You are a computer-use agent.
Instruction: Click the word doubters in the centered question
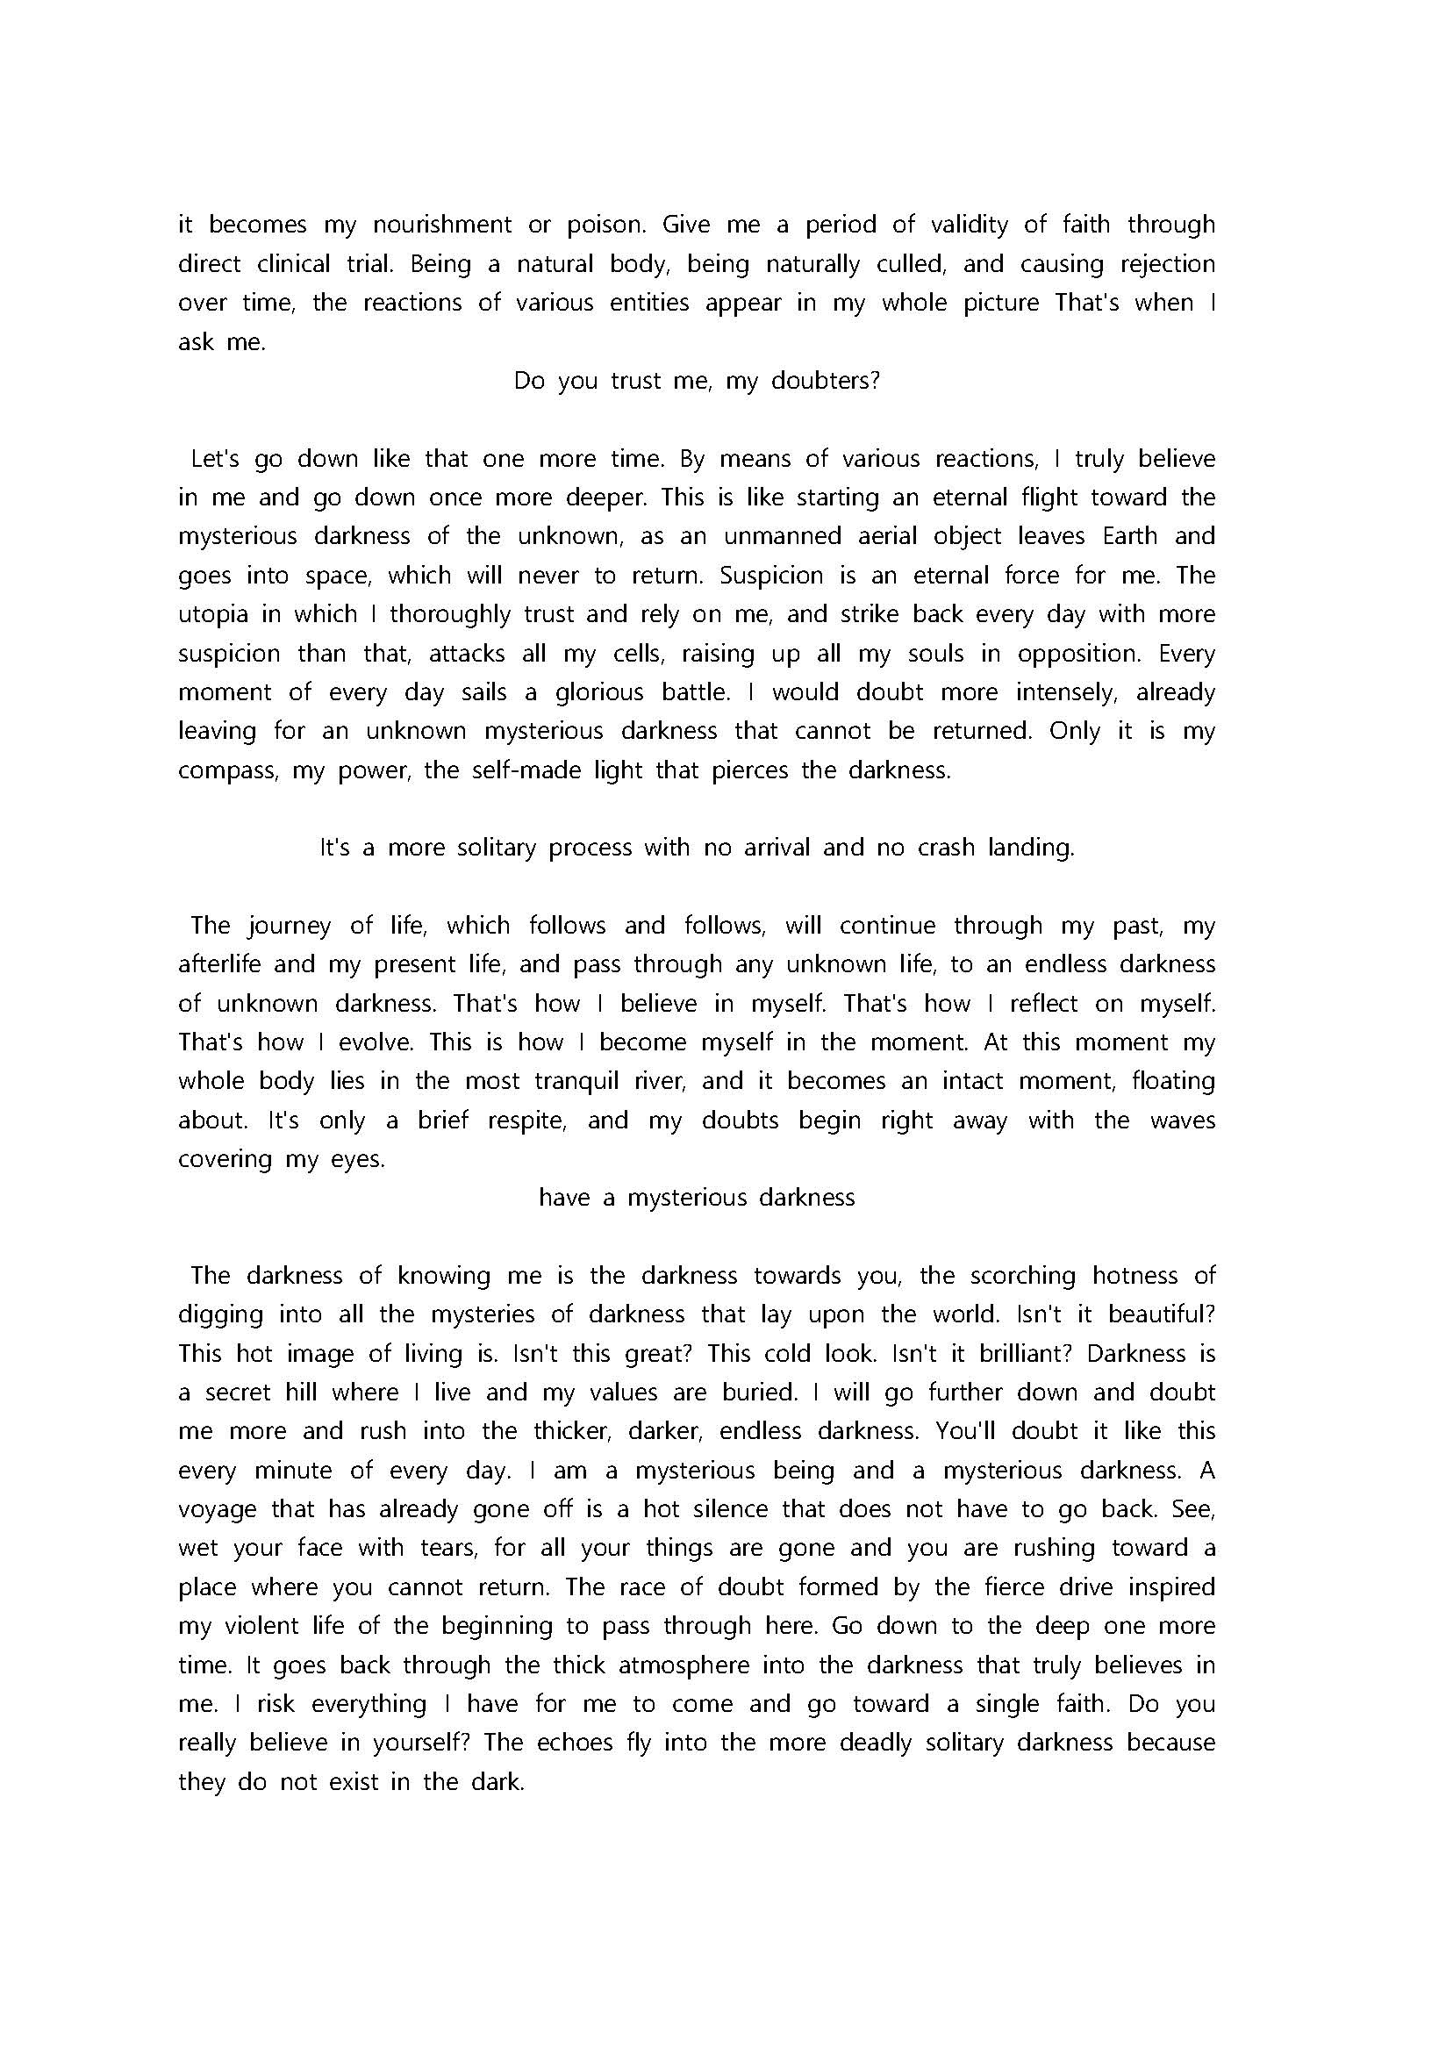pos(825,381)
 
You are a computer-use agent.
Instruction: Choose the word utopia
pos(213,615)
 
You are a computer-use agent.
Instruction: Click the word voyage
pos(216,1509)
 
